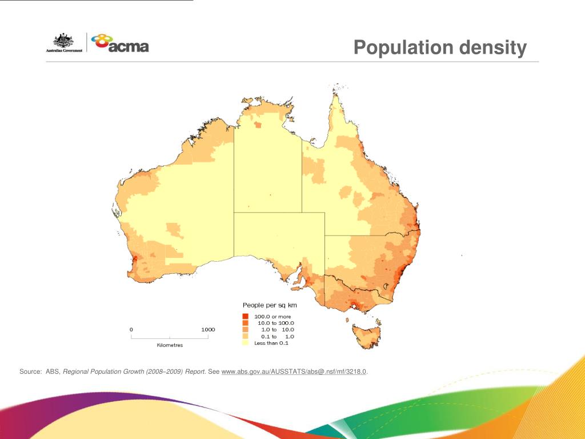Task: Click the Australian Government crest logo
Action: click(64, 43)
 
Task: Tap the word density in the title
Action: click(493, 47)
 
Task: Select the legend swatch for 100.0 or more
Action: click(245, 316)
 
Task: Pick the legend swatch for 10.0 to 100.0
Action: click(245, 323)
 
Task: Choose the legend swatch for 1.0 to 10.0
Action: click(245, 330)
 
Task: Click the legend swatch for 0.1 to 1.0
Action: click(245, 337)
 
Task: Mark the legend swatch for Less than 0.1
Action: click(245, 343)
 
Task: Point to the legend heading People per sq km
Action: click(270, 305)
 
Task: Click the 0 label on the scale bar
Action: click(131, 329)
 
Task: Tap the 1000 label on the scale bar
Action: click(208, 329)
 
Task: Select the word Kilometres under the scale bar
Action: click(170, 345)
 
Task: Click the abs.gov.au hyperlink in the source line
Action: click(294, 372)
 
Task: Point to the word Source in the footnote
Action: click(30, 372)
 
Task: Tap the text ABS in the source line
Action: click(53, 372)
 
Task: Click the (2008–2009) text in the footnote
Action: click(165, 372)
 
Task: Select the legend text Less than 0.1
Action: click(271, 343)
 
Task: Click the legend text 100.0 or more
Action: click(273, 316)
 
